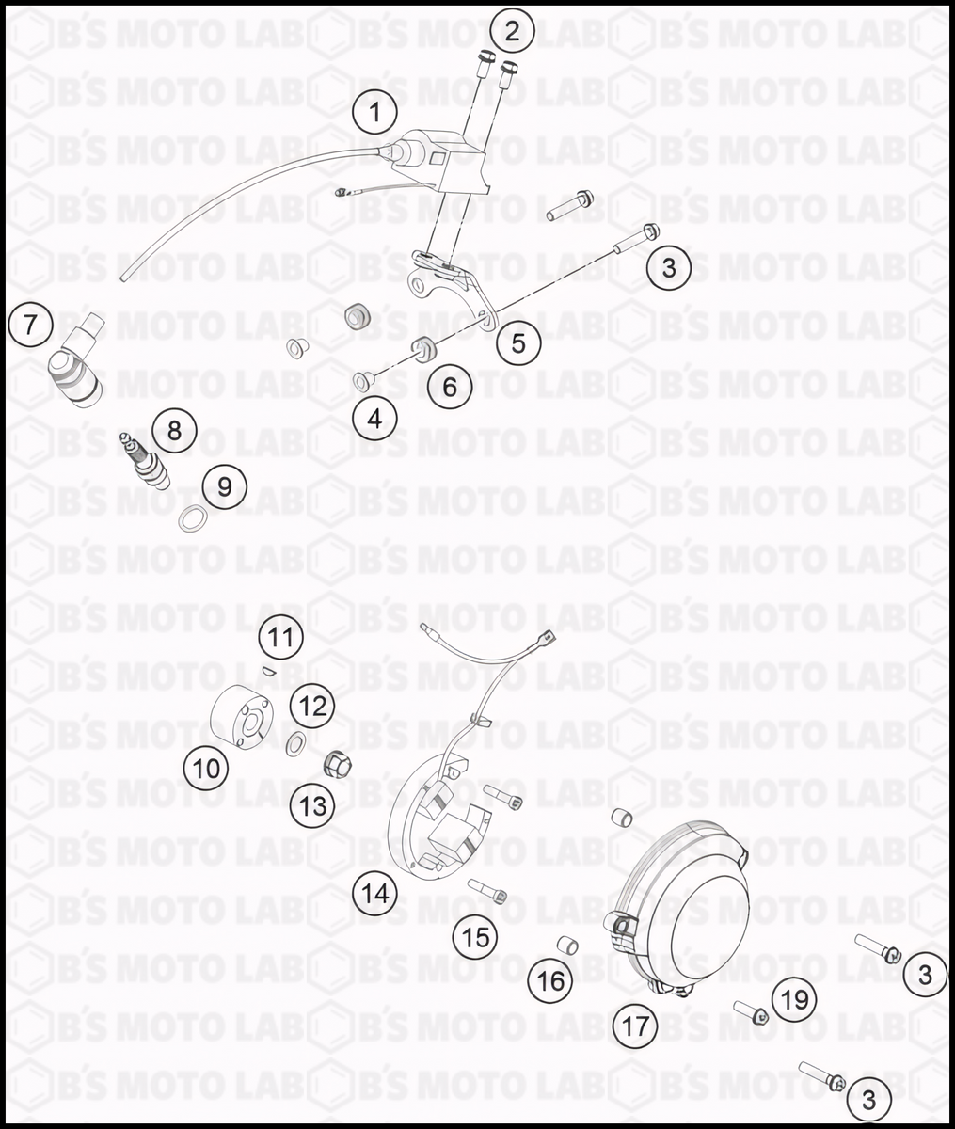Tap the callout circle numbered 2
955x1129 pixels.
coord(511,31)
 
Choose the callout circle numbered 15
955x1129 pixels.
coord(476,936)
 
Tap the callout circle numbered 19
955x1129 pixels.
coord(795,999)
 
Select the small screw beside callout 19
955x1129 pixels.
coord(753,1012)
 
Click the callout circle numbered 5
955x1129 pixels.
coord(518,343)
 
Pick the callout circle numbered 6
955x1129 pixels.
coord(450,386)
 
